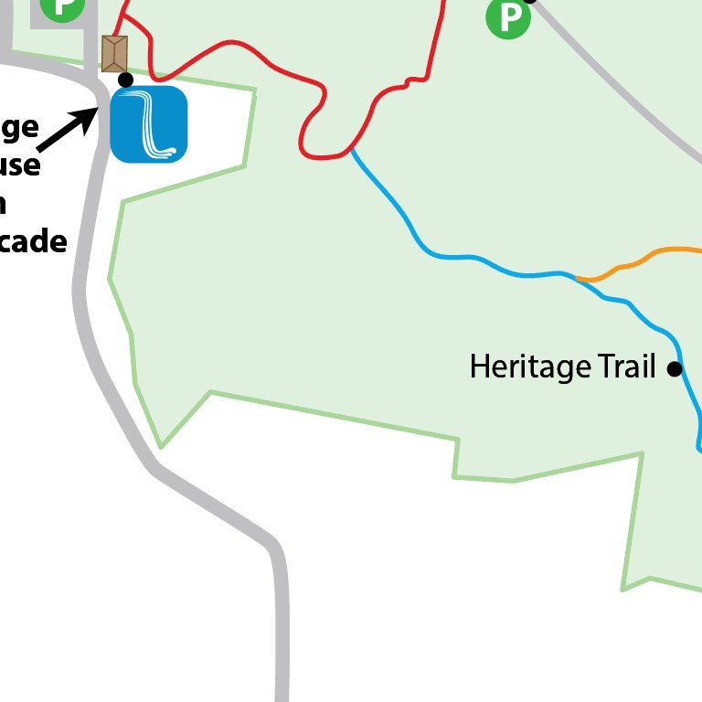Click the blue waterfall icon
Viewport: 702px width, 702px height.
click(x=149, y=124)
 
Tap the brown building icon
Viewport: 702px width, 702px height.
click(x=114, y=54)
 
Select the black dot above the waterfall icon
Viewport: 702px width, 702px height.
click(x=126, y=80)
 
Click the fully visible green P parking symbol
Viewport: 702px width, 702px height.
click(x=508, y=17)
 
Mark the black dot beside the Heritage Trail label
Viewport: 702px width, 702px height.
click(x=675, y=369)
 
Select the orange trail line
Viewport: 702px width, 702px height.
click(x=640, y=259)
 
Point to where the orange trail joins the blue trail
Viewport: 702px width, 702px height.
click(x=577, y=277)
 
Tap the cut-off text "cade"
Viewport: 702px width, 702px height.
click(x=34, y=242)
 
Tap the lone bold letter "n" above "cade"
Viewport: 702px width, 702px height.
click(x=3, y=205)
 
